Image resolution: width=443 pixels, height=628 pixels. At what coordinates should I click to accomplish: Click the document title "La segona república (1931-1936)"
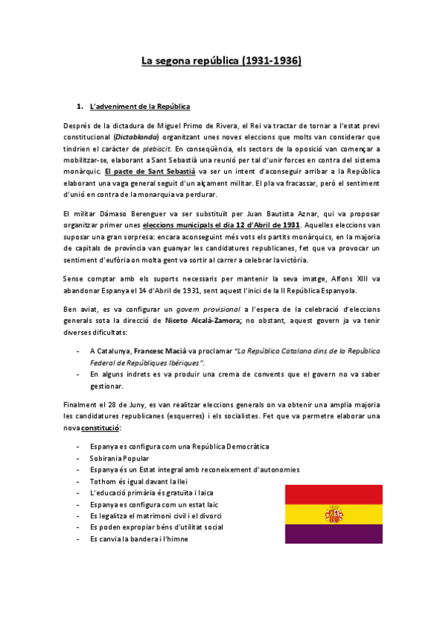click(221, 62)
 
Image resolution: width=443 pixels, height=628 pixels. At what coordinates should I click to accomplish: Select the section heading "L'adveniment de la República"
click(140, 107)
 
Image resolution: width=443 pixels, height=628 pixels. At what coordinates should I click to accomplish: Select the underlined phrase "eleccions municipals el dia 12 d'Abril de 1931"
click(221, 224)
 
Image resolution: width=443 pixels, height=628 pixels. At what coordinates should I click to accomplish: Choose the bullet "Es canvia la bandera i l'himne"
click(139, 539)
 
